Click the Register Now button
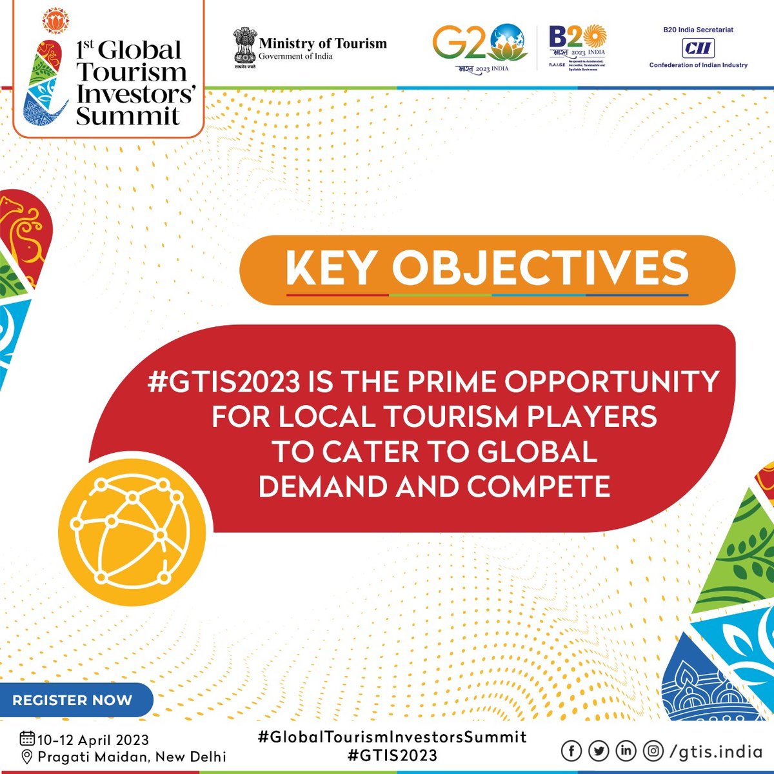click(x=72, y=700)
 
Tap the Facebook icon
click(x=571, y=751)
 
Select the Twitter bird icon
click(x=599, y=751)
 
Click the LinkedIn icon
click(x=626, y=751)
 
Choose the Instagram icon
click(x=653, y=751)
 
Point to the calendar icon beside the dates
click(x=27, y=739)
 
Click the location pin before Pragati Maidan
click(x=27, y=756)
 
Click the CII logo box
click(x=698, y=48)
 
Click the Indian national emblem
click(x=244, y=46)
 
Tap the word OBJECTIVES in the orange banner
click(x=541, y=268)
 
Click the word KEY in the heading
click(x=331, y=268)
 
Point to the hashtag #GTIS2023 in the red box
click(x=224, y=382)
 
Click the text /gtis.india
click(x=716, y=751)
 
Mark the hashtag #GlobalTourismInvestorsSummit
click(x=392, y=737)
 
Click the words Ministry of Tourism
click(x=322, y=44)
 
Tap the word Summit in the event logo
click(x=128, y=116)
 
